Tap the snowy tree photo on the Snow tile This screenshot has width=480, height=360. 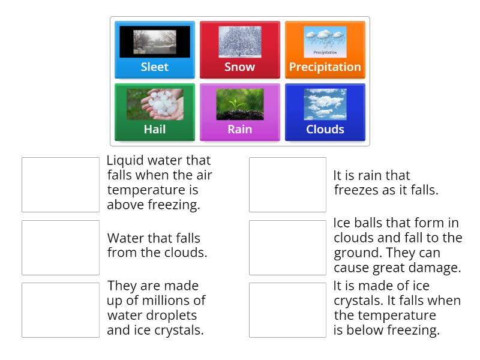pyautogui.click(x=239, y=42)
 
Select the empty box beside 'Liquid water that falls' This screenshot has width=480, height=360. pyautogui.click(x=61, y=185)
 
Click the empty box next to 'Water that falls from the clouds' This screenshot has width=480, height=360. pyautogui.click(x=61, y=247)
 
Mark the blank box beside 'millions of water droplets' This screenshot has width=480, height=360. pyautogui.click(x=61, y=310)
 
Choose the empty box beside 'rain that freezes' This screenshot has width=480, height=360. pyautogui.click(x=287, y=185)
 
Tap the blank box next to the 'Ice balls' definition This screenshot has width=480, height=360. pyautogui.click(x=287, y=247)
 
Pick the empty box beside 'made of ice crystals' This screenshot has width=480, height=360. pyautogui.click(x=287, y=310)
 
